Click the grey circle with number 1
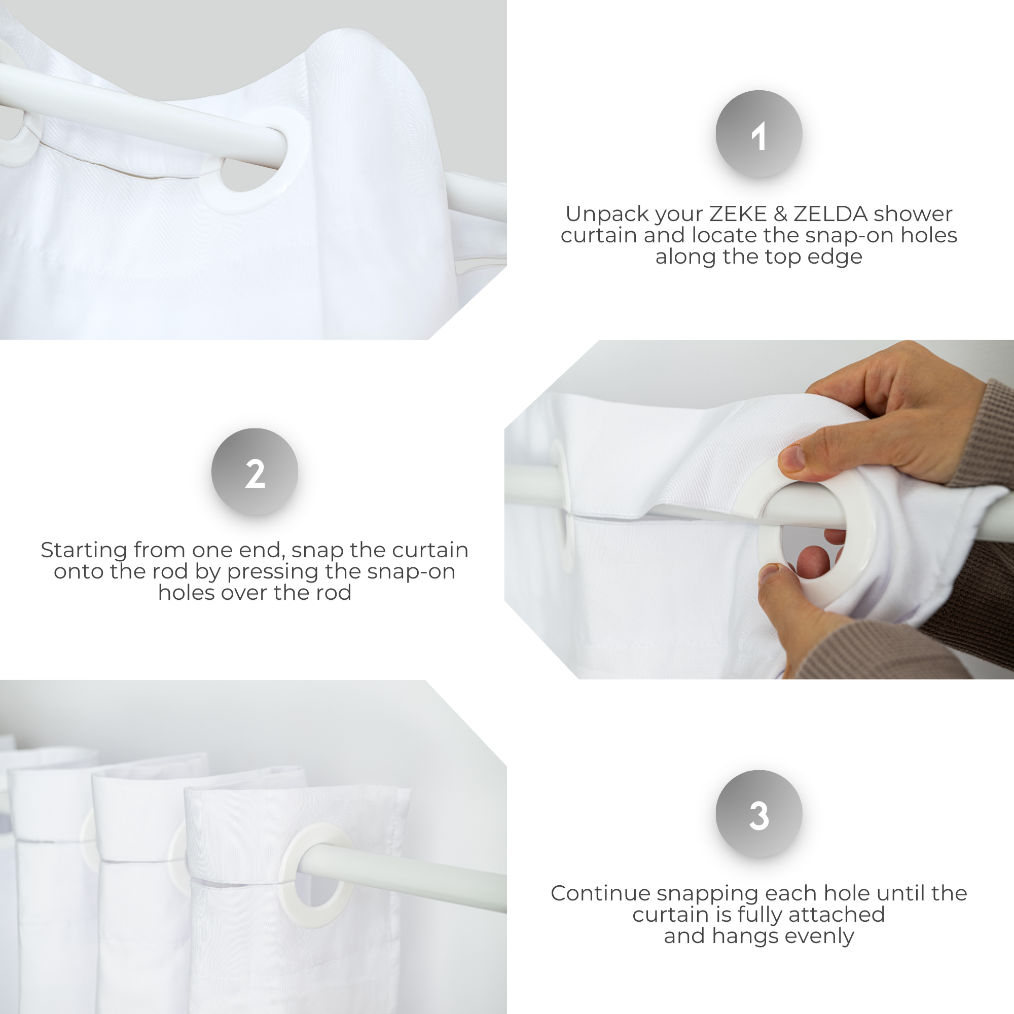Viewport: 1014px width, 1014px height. [x=758, y=134]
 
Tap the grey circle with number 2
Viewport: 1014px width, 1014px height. [x=255, y=472]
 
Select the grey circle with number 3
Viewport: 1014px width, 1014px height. [x=758, y=814]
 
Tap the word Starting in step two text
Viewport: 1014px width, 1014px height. [x=84, y=550]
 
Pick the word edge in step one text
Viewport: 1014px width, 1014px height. [x=840, y=257]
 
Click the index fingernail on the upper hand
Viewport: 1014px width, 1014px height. [x=792, y=457]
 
